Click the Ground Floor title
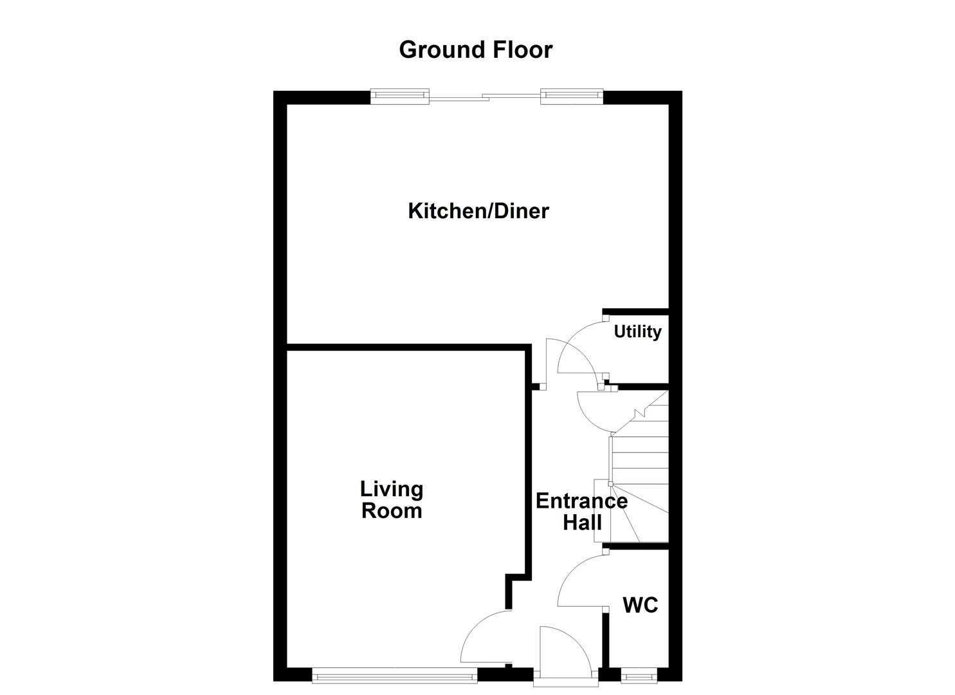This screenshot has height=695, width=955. tap(475, 50)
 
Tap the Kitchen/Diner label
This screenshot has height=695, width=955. tap(478, 211)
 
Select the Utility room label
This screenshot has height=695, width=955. tap(637, 331)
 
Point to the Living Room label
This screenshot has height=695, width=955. tap(391, 500)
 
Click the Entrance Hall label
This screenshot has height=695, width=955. tap(581, 512)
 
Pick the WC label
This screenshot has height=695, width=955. tap(640, 605)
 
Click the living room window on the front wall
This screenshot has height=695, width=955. tap(394, 675)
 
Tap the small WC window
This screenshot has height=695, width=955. tap(639, 676)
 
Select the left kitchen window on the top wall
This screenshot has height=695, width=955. tap(400, 97)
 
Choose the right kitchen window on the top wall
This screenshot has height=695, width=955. tap(572, 97)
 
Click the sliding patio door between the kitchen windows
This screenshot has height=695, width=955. tap(485, 98)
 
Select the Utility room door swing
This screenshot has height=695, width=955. tap(580, 347)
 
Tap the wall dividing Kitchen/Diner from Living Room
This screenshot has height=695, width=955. tap(408, 347)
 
